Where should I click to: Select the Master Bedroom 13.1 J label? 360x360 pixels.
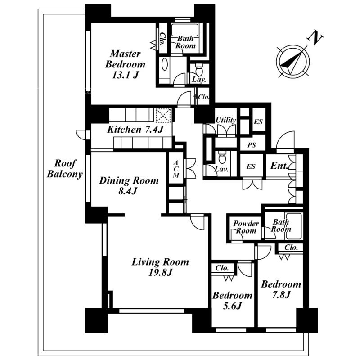125,65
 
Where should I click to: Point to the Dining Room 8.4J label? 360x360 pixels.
129,185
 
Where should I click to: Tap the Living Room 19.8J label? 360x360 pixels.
160,266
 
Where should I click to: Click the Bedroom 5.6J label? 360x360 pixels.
232,301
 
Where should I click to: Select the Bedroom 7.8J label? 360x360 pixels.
281,289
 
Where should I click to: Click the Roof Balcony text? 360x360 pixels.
65,169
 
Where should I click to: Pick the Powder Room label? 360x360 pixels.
246,227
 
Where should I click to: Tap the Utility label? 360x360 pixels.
226,120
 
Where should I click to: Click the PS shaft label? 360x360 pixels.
251,144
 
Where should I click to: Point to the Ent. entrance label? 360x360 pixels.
279,166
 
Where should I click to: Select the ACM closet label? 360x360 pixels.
176,168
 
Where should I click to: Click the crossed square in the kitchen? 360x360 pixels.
163,115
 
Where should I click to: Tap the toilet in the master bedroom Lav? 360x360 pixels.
199,71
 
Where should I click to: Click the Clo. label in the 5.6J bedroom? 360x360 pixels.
222,267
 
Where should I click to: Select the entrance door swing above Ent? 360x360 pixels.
285,140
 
